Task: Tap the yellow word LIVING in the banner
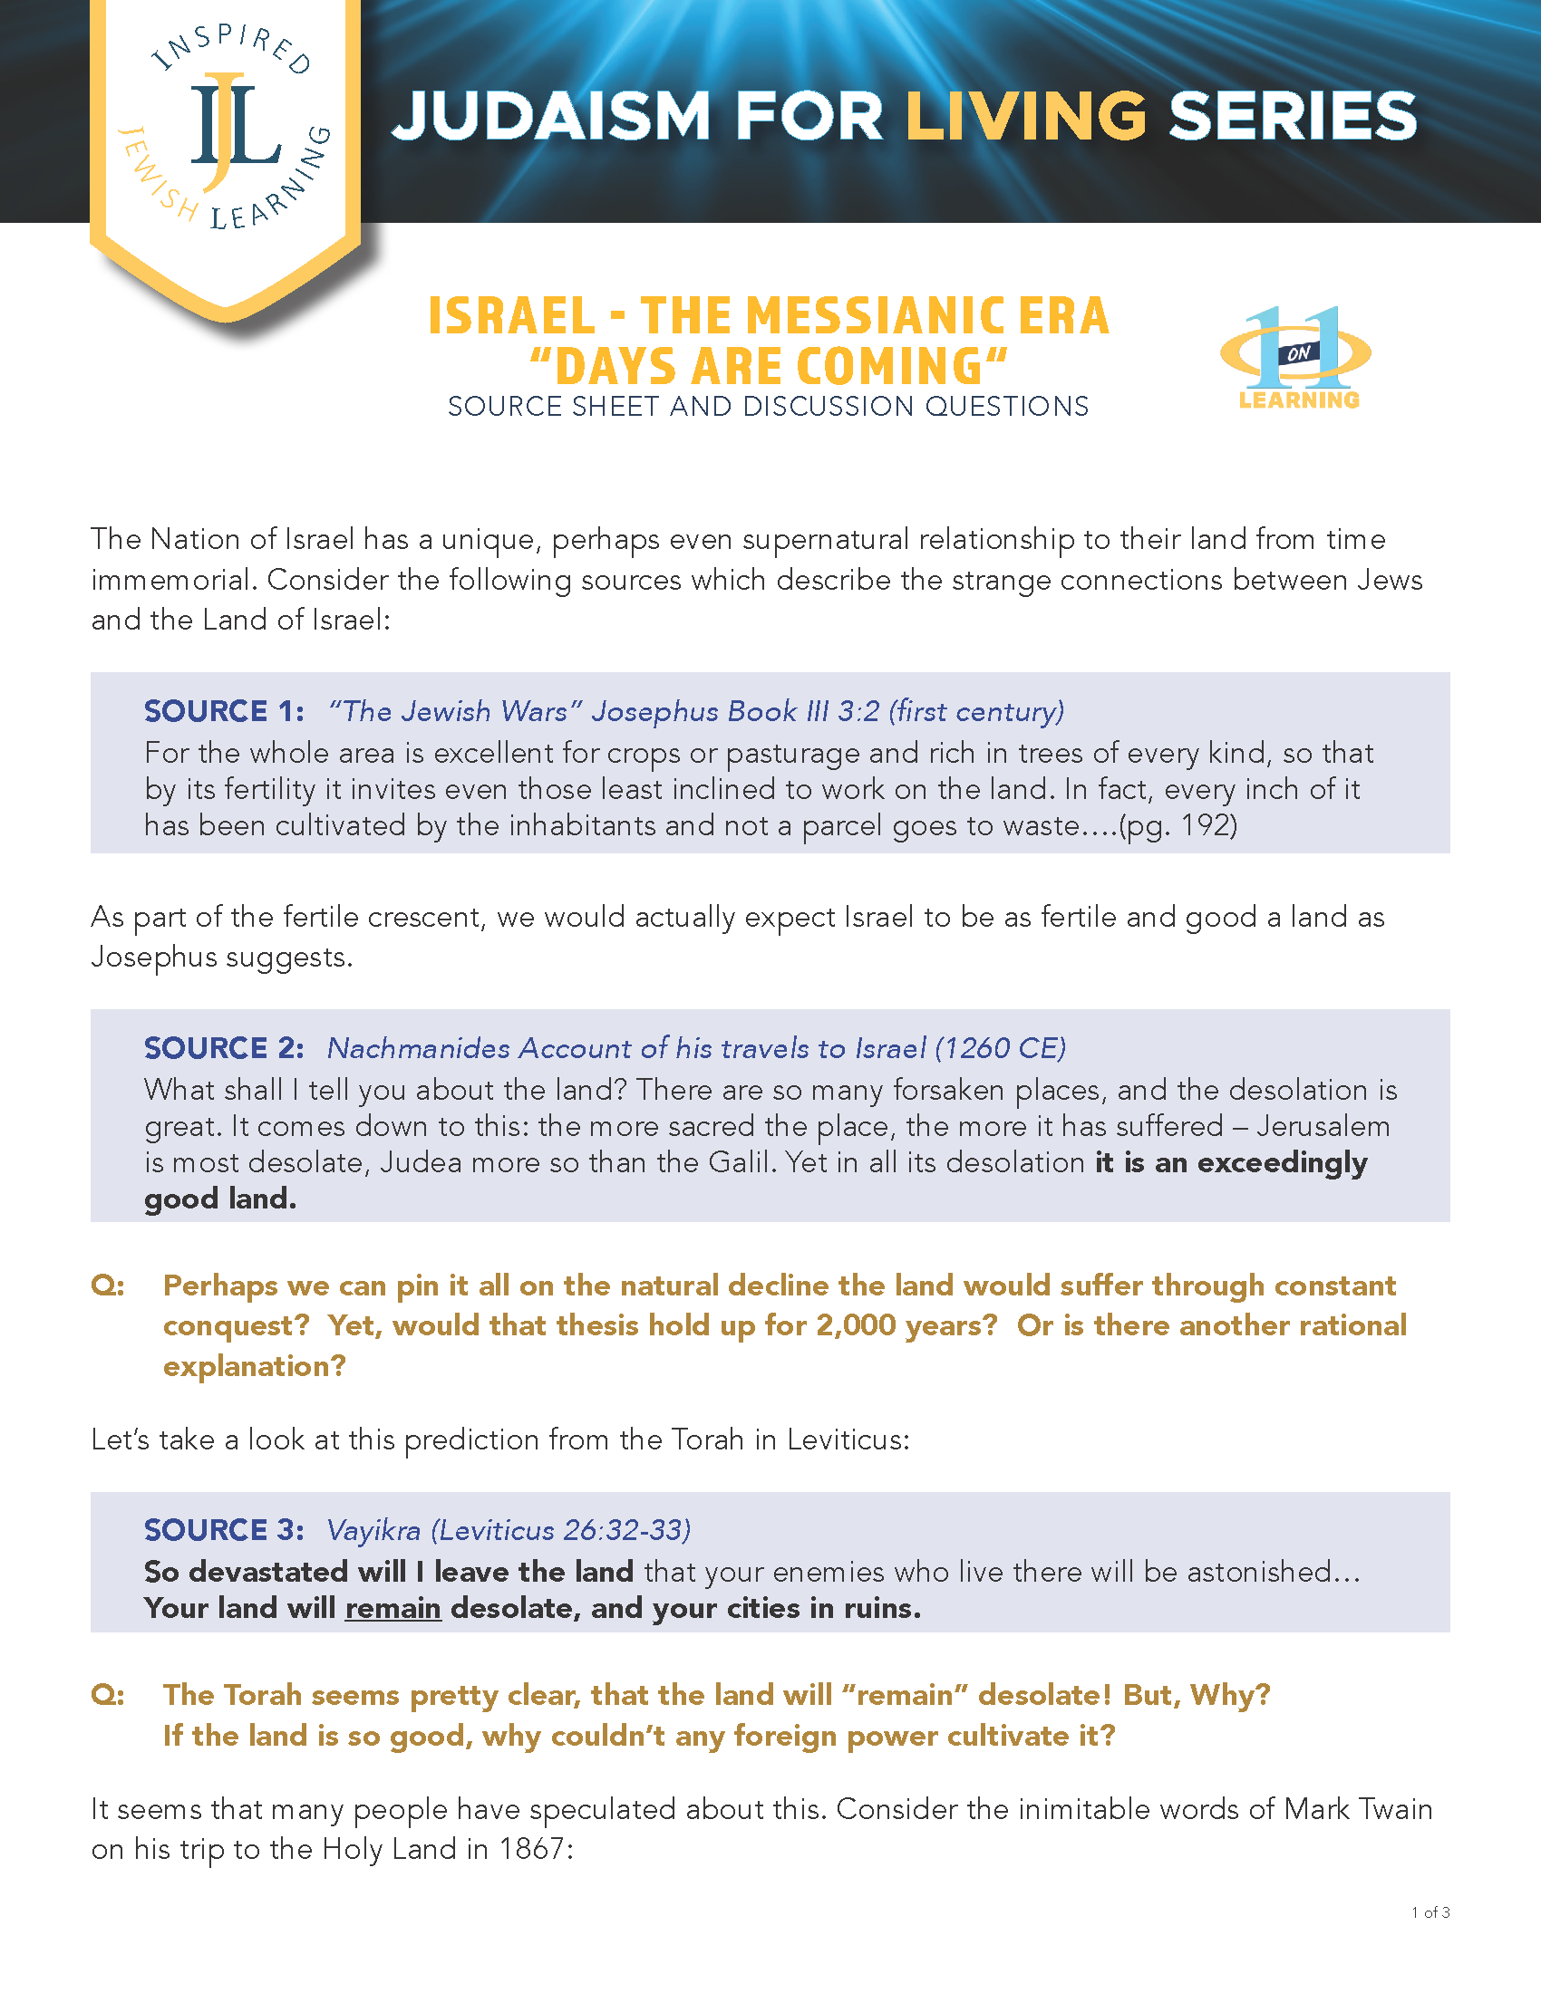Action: tap(1025, 118)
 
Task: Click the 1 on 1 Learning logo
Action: tap(1297, 357)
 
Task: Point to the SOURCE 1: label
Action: tap(224, 711)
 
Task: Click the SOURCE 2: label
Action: tap(224, 1047)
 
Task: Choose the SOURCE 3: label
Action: tap(224, 1529)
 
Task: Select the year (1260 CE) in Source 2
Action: tap(1000, 1047)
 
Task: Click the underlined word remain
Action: tap(393, 1608)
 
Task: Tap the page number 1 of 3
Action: tap(1430, 1911)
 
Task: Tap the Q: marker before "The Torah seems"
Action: tap(108, 1695)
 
